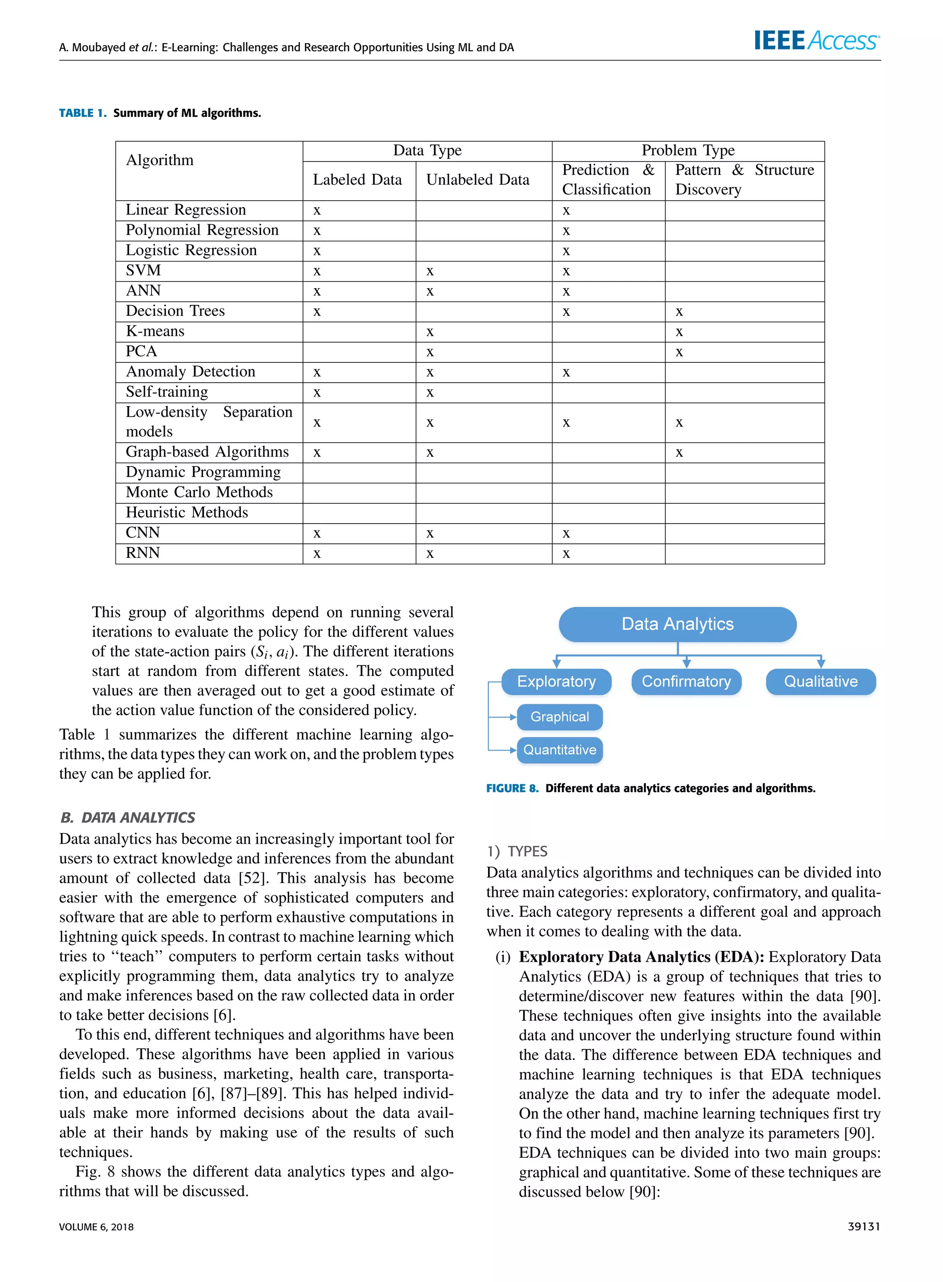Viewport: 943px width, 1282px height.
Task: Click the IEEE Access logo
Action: (816, 41)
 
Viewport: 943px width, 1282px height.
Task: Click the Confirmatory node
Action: (686, 682)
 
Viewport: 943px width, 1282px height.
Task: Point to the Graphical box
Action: (559, 717)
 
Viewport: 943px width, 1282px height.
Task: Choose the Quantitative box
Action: (559, 750)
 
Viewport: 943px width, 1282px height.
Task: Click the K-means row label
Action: (155, 332)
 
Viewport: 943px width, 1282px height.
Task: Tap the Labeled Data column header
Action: (357, 180)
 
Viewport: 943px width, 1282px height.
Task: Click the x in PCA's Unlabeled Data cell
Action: (430, 353)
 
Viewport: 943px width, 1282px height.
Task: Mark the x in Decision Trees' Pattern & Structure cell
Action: (679, 312)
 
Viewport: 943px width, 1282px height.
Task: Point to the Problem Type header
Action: (688, 151)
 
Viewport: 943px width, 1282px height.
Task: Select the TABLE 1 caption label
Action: (83, 113)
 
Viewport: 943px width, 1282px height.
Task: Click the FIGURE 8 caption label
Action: (512, 788)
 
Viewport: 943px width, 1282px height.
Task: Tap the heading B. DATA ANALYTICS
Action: (128, 817)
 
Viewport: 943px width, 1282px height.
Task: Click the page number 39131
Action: (864, 1227)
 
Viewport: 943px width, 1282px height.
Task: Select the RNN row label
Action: (143, 553)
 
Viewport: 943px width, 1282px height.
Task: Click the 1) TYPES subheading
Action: (517, 851)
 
